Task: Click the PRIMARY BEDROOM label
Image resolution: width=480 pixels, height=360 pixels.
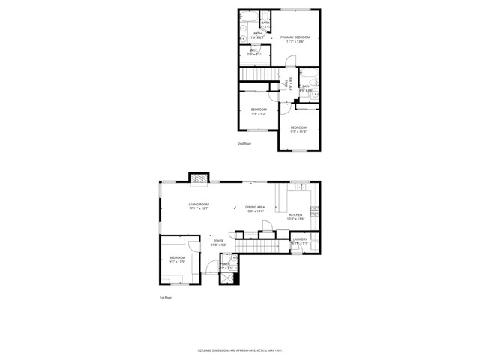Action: pos(295,39)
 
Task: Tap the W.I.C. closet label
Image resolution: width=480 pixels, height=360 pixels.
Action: pos(254,52)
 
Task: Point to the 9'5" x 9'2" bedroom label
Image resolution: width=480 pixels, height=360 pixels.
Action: pos(258,111)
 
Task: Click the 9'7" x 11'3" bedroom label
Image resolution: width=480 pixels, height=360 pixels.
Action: pos(298,129)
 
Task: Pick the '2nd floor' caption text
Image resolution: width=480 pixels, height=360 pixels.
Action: pos(244,143)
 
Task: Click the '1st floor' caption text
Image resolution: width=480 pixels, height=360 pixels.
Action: pos(165,298)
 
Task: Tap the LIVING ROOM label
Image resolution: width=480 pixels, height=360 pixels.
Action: pos(199,206)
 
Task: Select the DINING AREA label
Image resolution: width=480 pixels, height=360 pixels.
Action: pos(255,208)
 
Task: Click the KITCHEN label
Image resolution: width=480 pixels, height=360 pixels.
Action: pos(296,217)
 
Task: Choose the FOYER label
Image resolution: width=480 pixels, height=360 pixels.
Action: pos(218,243)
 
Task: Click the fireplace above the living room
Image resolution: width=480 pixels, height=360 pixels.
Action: pos(197,178)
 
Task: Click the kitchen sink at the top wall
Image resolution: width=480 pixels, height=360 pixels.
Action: pos(299,184)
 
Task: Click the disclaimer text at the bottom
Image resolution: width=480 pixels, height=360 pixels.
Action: pos(240,350)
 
